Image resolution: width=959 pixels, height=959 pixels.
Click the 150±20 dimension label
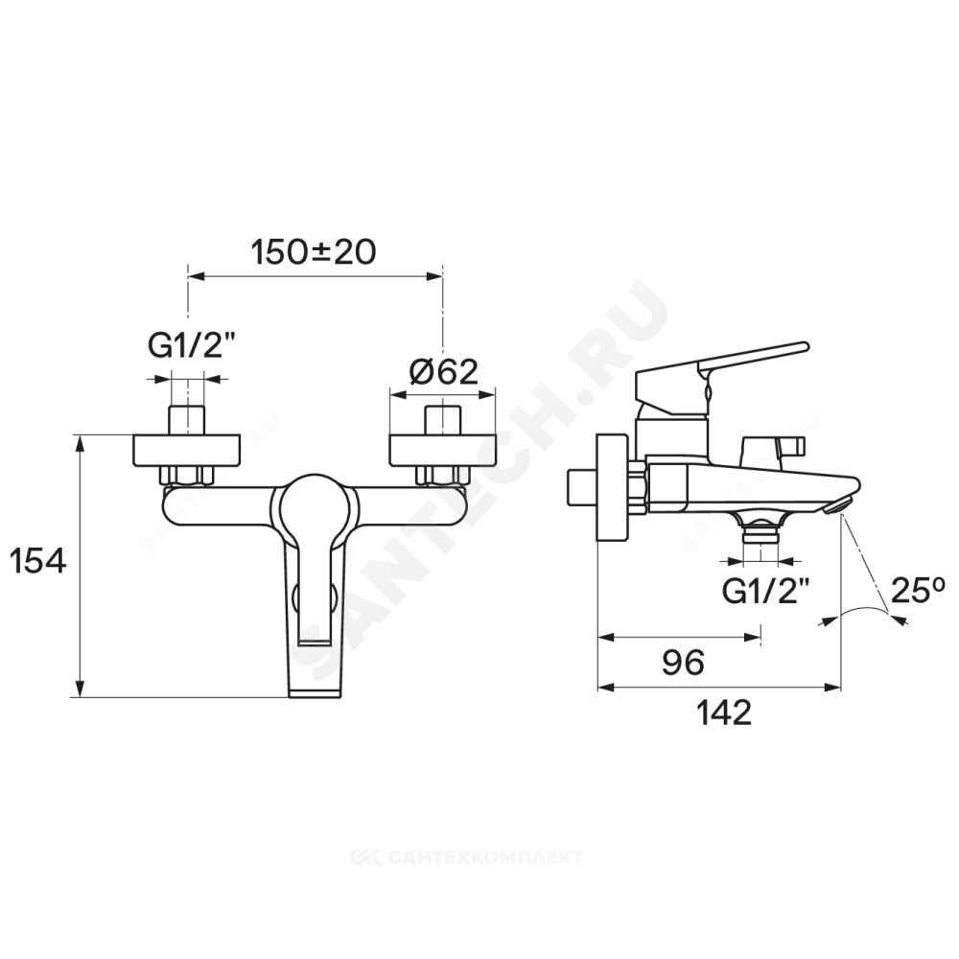click(x=315, y=252)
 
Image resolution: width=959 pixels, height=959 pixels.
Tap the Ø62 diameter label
click(x=443, y=370)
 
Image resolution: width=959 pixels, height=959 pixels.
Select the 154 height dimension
click(x=38, y=560)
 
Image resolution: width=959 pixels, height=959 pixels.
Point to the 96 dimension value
click(x=683, y=662)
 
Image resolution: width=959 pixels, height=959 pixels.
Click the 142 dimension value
click(x=725, y=712)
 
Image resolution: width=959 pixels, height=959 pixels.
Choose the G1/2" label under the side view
click(x=761, y=591)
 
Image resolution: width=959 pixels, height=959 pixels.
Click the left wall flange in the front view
click(x=187, y=451)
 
